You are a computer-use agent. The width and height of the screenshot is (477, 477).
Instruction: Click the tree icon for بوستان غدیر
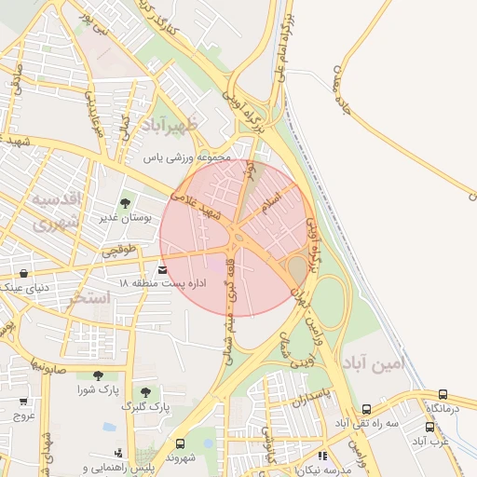tap(124, 203)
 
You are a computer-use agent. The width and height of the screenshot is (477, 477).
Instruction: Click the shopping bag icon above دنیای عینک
tap(23, 274)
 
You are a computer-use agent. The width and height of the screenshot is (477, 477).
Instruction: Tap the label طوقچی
tap(118, 250)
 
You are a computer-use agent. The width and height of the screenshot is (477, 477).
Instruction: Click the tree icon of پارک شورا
tap(98, 375)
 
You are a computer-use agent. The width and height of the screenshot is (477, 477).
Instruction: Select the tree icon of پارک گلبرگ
tap(144, 392)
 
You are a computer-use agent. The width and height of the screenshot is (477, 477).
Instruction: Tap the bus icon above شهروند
tap(180, 443)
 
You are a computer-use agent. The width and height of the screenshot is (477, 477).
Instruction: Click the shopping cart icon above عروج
tap(23, 402)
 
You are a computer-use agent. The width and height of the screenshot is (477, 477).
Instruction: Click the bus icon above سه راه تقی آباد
tap(366, 409)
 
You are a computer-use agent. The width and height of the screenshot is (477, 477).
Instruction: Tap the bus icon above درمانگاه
tap(443, 394)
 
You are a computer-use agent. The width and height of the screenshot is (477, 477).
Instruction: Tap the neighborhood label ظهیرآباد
tap(166, 125)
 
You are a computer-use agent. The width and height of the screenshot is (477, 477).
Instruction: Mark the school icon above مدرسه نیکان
tap(322, 456)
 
